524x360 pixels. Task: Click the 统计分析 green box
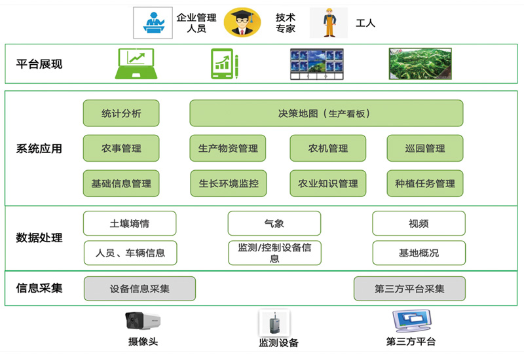click(x=121, y=113)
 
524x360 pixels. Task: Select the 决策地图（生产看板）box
click(x=326, y=113)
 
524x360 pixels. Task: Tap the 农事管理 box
click(x=121, y=149)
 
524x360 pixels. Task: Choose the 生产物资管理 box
click(x=228, y=149)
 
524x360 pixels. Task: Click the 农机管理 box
click(x=328, y=149)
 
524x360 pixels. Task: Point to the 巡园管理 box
click(x=425, y=149)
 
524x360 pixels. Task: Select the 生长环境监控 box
click(x=228, y=183)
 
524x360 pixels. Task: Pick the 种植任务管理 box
click(x=425, y=183)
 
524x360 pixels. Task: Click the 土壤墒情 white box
click(x=130, y=223)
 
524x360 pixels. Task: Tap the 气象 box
click(x=274, y=223)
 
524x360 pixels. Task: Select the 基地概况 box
click(x=419, y=253)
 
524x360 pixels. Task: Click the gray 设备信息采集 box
click(x=140, y=289)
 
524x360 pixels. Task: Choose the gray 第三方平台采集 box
click(x=409, y=289)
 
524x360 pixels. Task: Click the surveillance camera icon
click(x=143, y=321)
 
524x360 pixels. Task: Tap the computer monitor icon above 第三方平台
click(x=411, y=321)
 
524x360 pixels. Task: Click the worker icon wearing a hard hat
click(x=329, y=23)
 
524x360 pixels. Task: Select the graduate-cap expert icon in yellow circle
click(x=242, y=23)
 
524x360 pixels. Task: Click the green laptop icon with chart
click(x=134, y=64)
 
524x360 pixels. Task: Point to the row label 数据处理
click(x=39, y=238)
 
